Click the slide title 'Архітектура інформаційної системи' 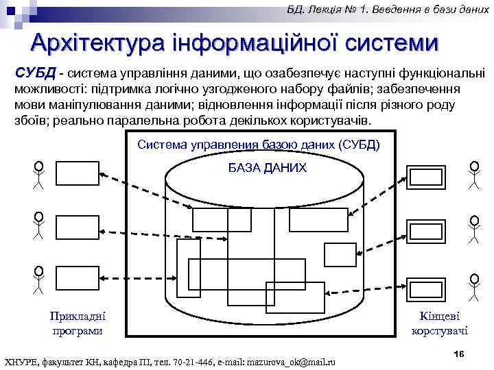[233, 43]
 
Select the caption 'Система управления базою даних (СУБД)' [258, 145]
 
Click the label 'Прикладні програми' [78, 323]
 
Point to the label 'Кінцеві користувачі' [439, 323]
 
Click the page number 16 [459, 352]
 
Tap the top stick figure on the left [39, 175]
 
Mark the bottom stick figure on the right [474, 288]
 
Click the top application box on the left [78, 173]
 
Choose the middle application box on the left [78, 225]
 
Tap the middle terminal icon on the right [426, 230]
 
